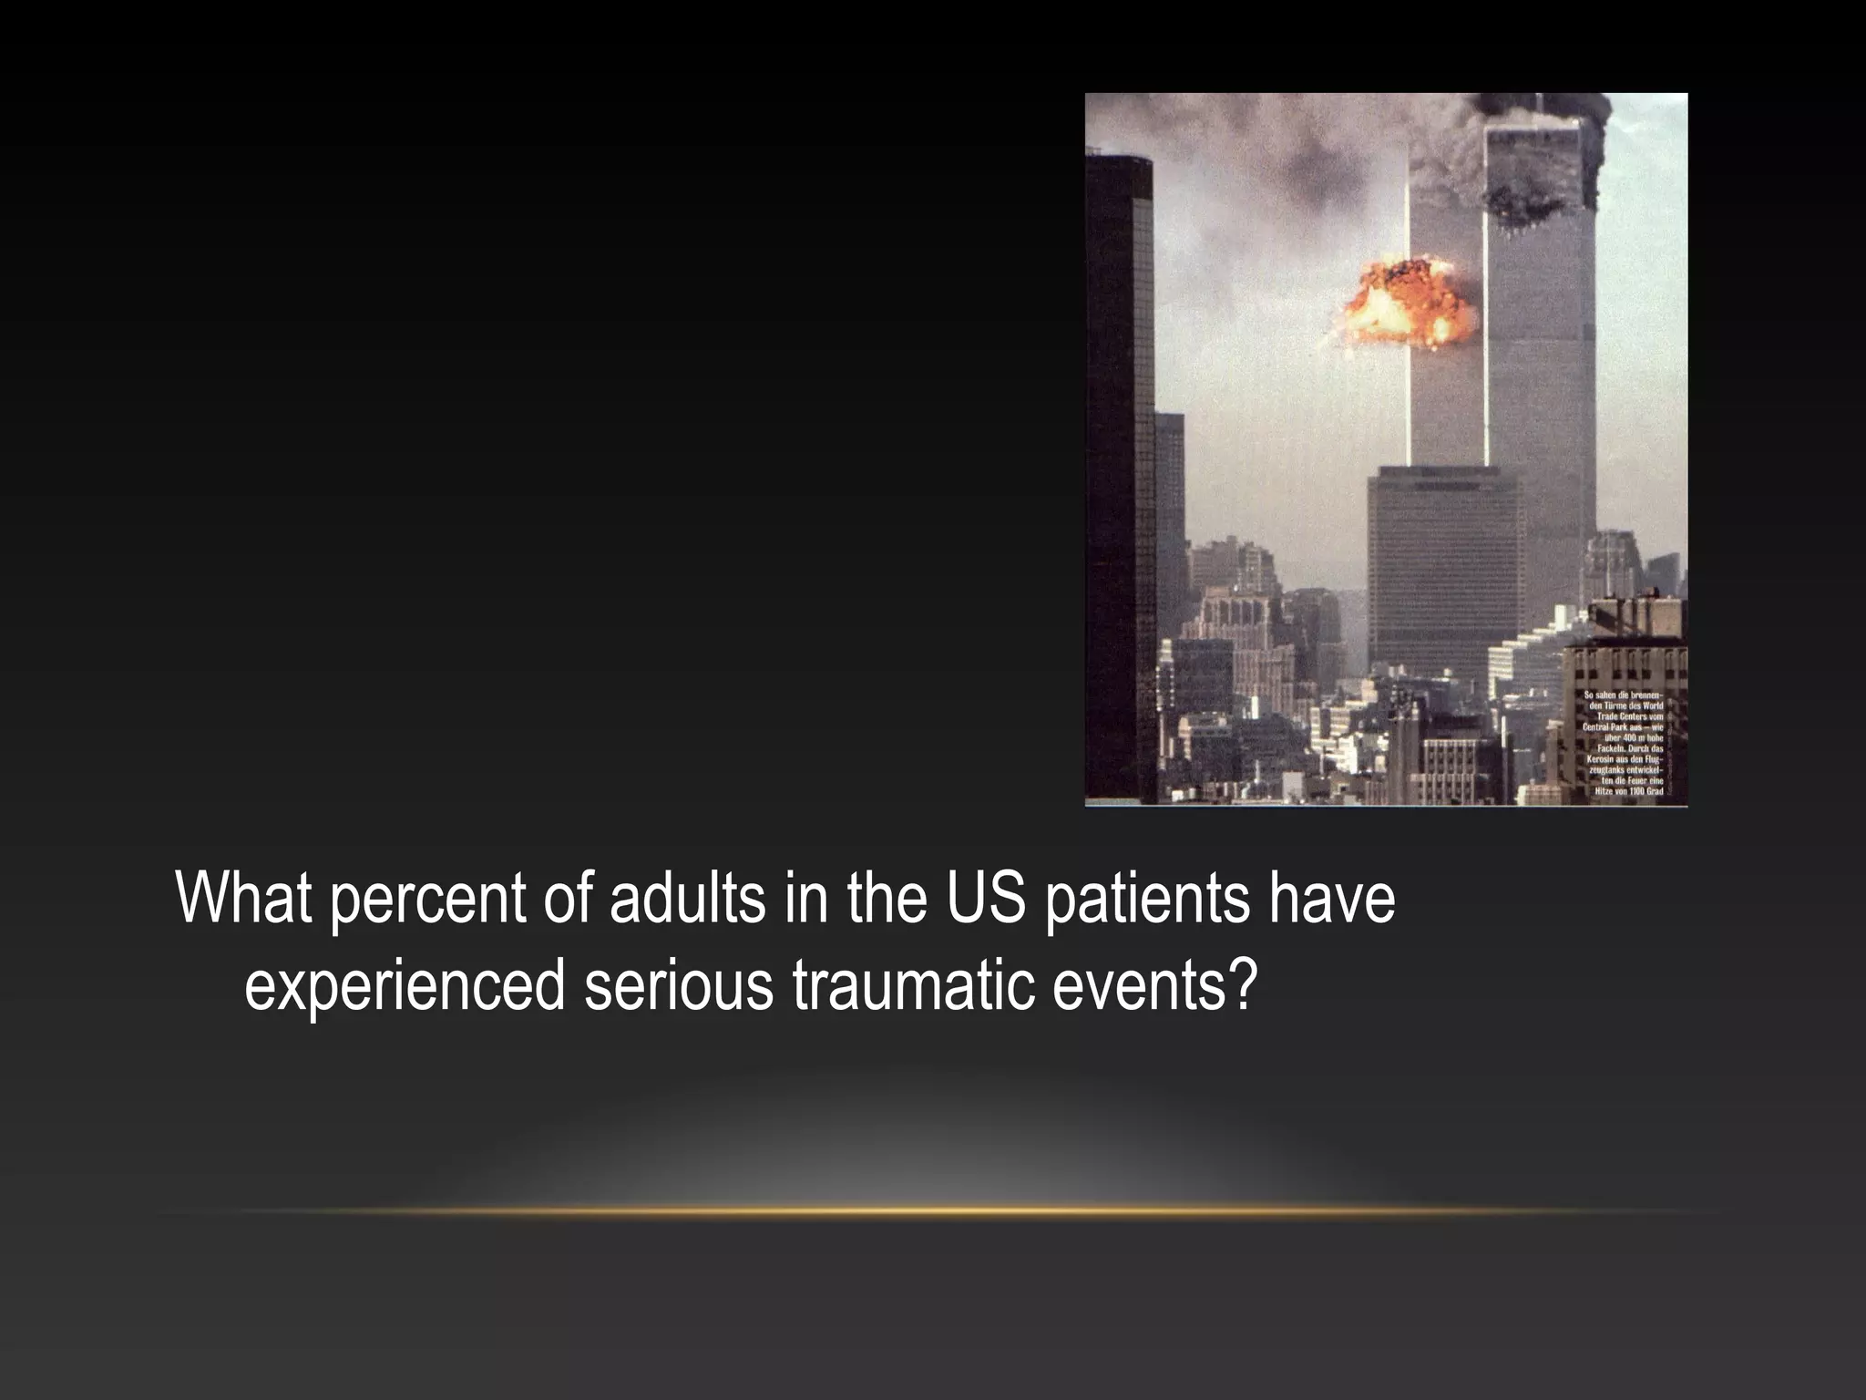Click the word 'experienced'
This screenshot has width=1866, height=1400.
[405, 987]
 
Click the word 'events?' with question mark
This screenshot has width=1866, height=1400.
[1154, 985]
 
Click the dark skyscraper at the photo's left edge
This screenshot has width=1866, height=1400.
[1119, 474]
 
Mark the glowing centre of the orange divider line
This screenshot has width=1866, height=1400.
[933, 1211]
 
